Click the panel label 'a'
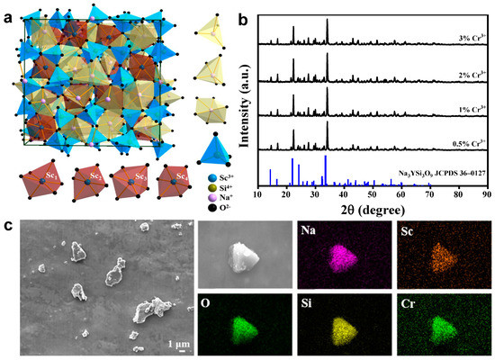click(8, 10)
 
